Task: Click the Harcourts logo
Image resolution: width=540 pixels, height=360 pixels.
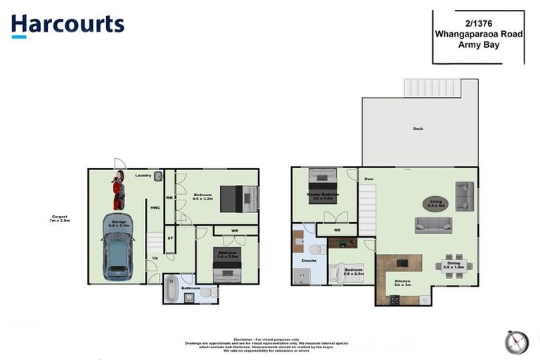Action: [x=67, y=25]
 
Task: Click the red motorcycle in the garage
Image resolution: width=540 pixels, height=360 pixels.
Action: [x=118, y=191]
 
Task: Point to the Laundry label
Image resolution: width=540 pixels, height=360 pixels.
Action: [x=143, y=175]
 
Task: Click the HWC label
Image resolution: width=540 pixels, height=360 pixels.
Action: [x=155, y=207]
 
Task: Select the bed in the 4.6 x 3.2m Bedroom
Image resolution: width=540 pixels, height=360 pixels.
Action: [x=238, y=198]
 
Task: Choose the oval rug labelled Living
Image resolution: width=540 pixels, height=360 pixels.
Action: [x=437, y=204]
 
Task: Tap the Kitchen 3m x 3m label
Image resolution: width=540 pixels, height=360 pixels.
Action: [x=401, y=283]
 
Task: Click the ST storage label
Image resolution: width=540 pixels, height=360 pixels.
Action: [x=170, y=238]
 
